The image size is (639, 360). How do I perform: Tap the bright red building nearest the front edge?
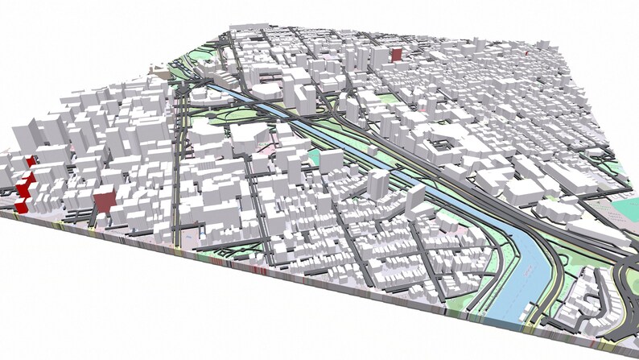[21, 206]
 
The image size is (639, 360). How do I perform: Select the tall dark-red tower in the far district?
[396, 54]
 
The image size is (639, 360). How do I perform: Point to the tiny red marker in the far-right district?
[526, 53]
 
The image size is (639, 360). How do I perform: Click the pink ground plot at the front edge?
[193, 242]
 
